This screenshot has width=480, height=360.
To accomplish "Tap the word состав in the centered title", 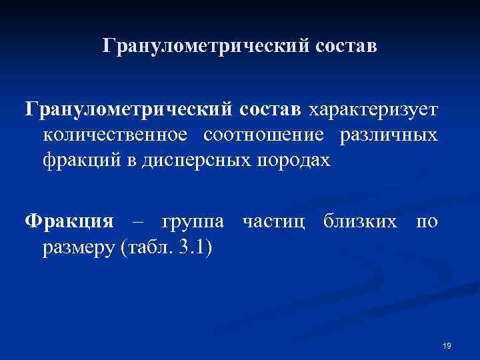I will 344,47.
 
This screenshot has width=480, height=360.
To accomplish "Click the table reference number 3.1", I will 193,248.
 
